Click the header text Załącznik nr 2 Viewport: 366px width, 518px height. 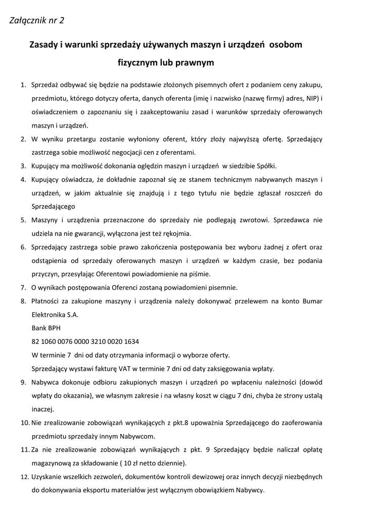click(37, 21)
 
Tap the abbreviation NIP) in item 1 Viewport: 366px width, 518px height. click(310, 98)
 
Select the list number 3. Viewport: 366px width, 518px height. click(23, 166)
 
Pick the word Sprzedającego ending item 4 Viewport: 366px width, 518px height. click(54, 206)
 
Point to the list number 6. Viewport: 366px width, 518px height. click(23, 247)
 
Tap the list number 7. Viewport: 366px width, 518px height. click(23, 288)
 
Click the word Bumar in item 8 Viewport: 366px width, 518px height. click(312, 301)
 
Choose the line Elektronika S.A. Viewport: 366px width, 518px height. click(55, 315)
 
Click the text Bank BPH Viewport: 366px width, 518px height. click(45, 328)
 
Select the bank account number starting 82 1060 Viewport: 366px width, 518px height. click(85, 341)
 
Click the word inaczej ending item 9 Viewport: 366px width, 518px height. click(42, 409)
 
